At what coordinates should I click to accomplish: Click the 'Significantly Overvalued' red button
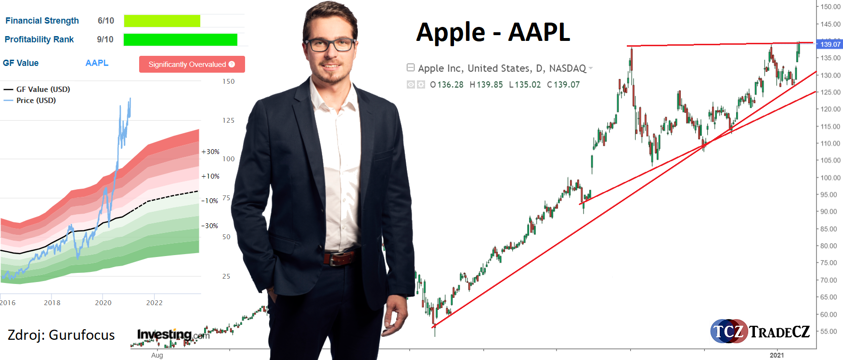click(x=192, y=64)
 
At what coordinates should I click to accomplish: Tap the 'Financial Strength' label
click(x=42, y=21)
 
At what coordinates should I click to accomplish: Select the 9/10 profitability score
click(x=105, y=39)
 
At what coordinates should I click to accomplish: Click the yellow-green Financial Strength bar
click(x=162, y=21)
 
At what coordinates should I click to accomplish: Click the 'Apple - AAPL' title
click(x=493, y=33)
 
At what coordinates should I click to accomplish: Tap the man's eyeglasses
click(x=330, y=45)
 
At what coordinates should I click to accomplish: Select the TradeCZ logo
click(x=760, y=331)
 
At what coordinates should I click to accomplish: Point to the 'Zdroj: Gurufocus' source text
click(x=61, y=335)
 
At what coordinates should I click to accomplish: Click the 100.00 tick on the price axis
click(x=830, y=178)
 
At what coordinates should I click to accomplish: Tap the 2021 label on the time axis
click(x=777, y=355)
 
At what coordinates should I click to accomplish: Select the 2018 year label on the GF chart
click(x=52, y=303)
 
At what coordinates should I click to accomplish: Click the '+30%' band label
click(x=210, y=152)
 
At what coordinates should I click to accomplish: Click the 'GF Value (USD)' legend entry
click(x=37, y=89)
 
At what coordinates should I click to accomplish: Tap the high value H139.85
click(x=486, y=85)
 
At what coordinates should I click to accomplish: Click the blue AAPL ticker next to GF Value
click(x=97, y=63)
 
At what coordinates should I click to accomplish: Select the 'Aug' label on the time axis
click(x=157, y=355)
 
